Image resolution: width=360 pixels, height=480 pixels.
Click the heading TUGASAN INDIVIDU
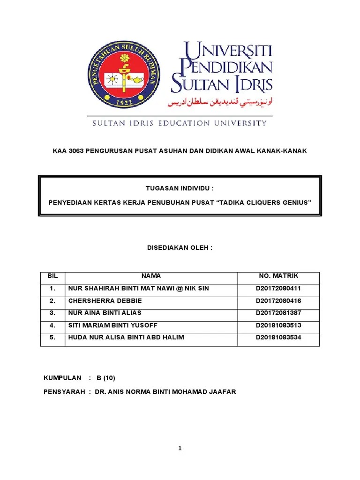pyautogui.click(x=180, y=188)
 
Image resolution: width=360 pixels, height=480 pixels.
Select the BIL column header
pyautogui.click(x=52, y=276)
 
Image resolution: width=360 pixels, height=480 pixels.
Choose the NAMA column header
pyautogui.click(x=151, y=276)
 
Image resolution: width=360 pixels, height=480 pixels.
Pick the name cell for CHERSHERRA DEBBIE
pyautogui.click(x=105, y=300)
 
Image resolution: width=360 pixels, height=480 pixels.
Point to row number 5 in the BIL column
pyautogui.click(x=52, y=337)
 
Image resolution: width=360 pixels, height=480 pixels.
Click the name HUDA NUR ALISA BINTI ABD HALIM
pyautogui.click(x=126, y=337)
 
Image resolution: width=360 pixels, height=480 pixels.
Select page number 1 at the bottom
pyautogui.click(x=180, y=448)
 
